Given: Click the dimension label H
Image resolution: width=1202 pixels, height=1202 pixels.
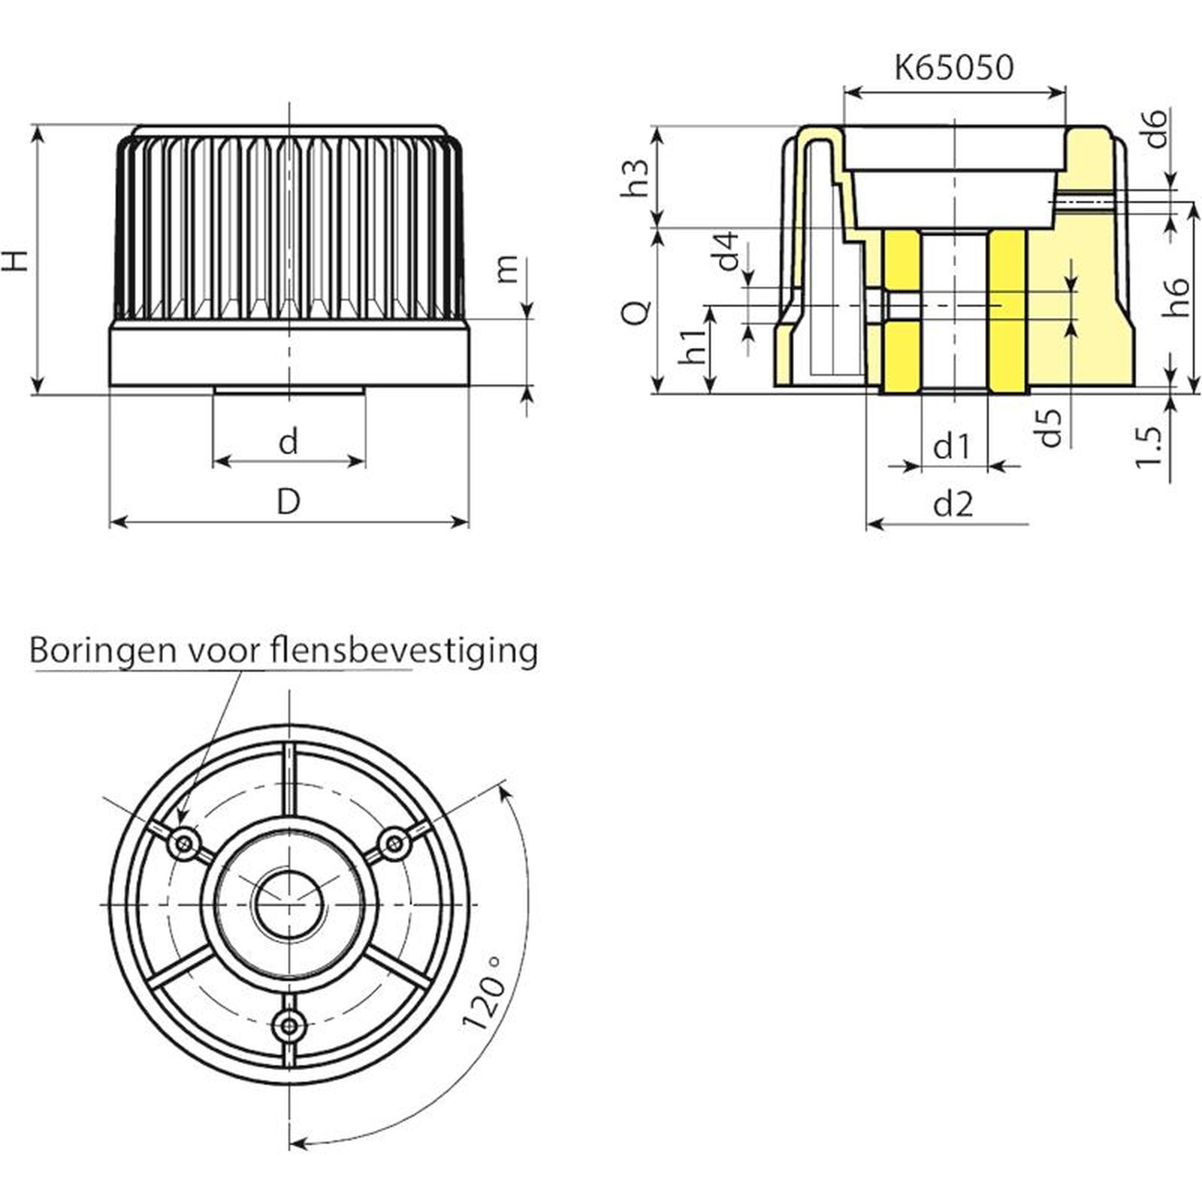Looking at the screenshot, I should click(x=17, y=259).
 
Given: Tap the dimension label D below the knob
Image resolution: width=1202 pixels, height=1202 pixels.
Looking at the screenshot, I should click(x=288, y=501).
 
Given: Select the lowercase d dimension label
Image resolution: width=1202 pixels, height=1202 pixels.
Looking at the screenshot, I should click(x=288, y=442).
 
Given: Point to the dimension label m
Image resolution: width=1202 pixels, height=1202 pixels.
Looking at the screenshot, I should click(x=509, y=269).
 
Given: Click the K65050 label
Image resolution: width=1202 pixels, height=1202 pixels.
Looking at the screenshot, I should click(x=953, y=68).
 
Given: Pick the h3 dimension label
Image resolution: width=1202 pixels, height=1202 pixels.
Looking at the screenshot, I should click(x=636, y=177).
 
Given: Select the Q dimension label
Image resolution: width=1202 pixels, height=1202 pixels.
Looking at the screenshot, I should click(x=636, y=311).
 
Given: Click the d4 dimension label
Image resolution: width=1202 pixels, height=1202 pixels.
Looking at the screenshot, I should click(x=727, y=251).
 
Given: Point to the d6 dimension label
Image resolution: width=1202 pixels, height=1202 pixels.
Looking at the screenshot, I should click(x=1157, y=128).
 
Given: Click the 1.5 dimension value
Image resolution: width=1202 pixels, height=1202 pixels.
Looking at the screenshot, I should click(x=1149, y=447).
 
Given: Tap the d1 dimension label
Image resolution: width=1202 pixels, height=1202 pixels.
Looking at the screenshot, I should click(x=953, y=447).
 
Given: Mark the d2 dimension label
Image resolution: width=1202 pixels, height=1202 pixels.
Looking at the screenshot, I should click(x=953, y=503).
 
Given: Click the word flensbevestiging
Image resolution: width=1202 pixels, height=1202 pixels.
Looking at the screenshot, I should click(x=403, y=650).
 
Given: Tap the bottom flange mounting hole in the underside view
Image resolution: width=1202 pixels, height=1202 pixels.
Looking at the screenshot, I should click(x=288, y=1023).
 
